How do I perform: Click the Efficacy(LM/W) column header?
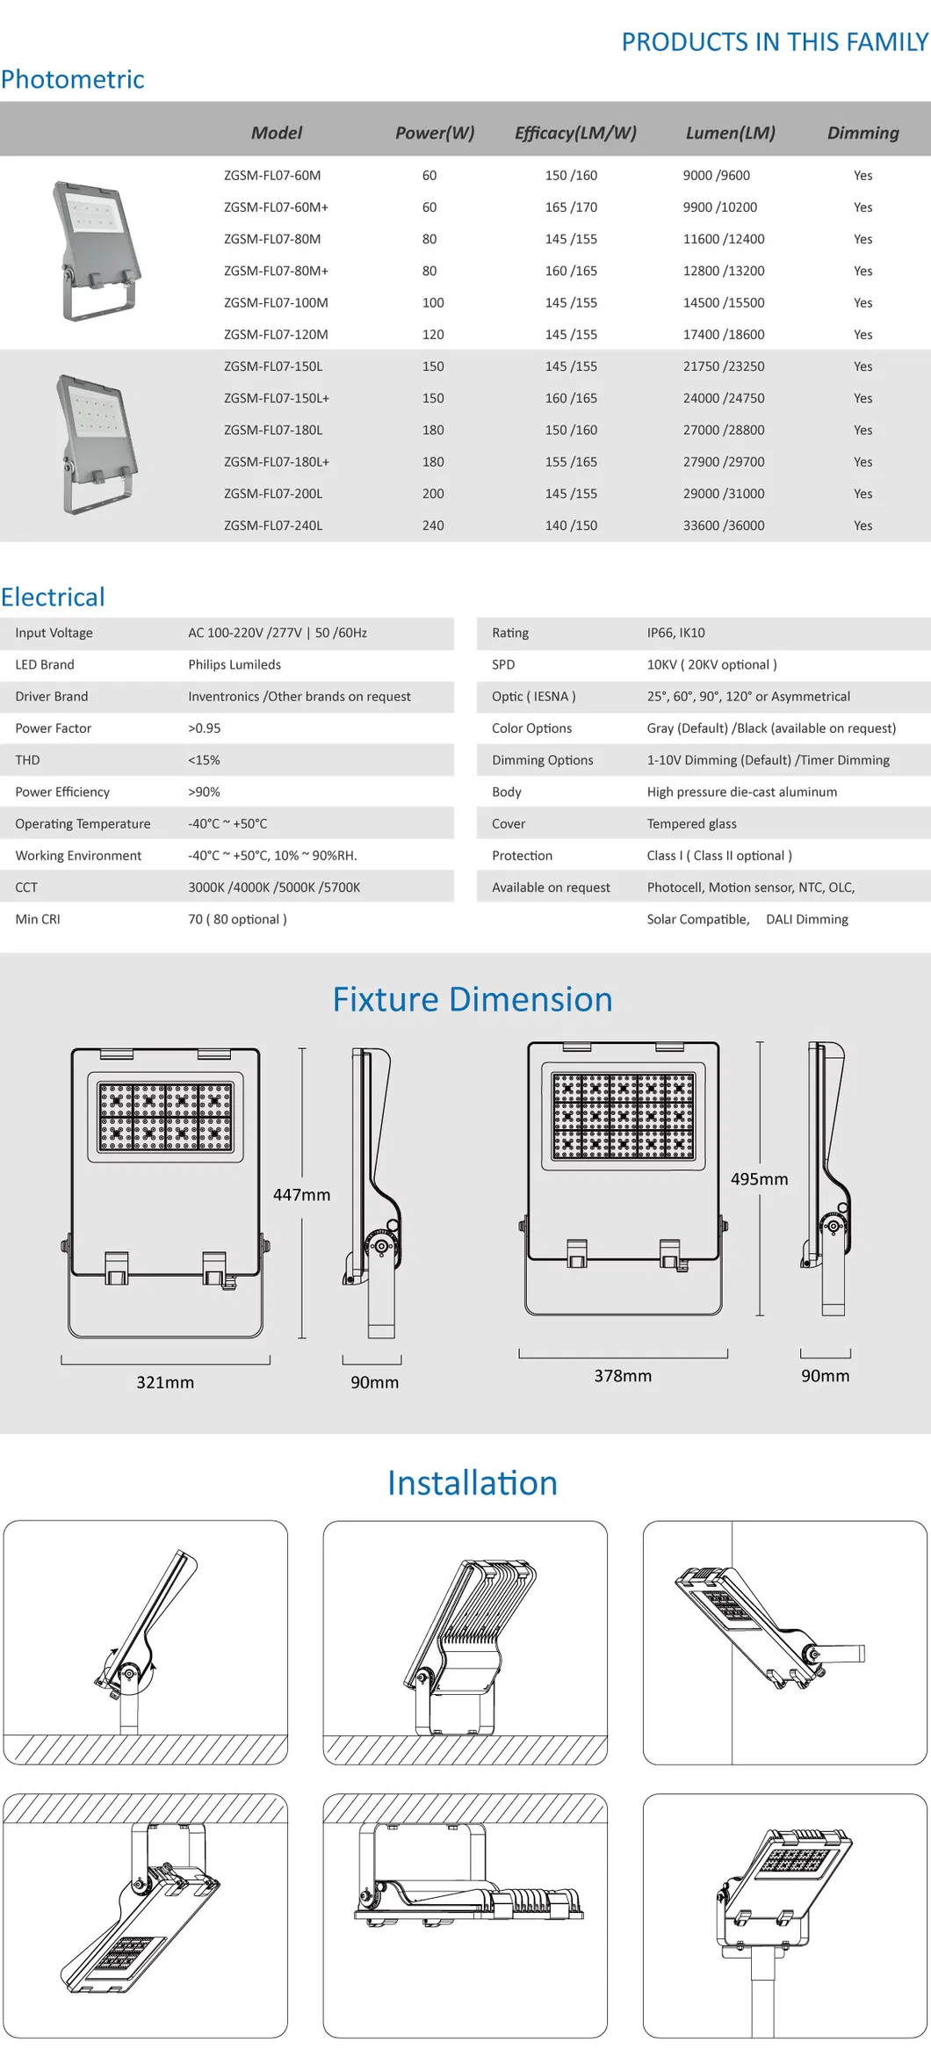[x=575, y=133]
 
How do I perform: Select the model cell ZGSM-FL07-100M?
[x=276, y=303]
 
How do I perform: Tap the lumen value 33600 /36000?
[x=724, y=525]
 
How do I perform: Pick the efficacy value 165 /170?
[x=571, y=207]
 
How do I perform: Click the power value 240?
[x=433, y=525]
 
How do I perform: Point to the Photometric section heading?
[x=73, y=79]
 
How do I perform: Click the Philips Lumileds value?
[x=235, y=665]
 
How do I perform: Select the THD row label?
[x=27, y=760]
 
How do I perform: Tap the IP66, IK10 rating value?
[x=675, y=633]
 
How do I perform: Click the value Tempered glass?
[x=691, y=824]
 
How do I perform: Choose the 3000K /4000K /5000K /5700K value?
[x=274, y=887]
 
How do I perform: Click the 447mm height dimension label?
[x=301, y=1195]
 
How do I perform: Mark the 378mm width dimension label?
[x=623, y=1376]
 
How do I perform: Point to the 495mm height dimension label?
[x=759, y=1179]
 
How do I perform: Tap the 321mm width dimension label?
[x=165, y=1382]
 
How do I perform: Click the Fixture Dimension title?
[x=472, y=1000]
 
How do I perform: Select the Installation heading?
[x=472, y=1483]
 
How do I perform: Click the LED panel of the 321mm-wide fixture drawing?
[x=165, y=1117]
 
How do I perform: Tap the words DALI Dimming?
[x=806, y=919]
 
